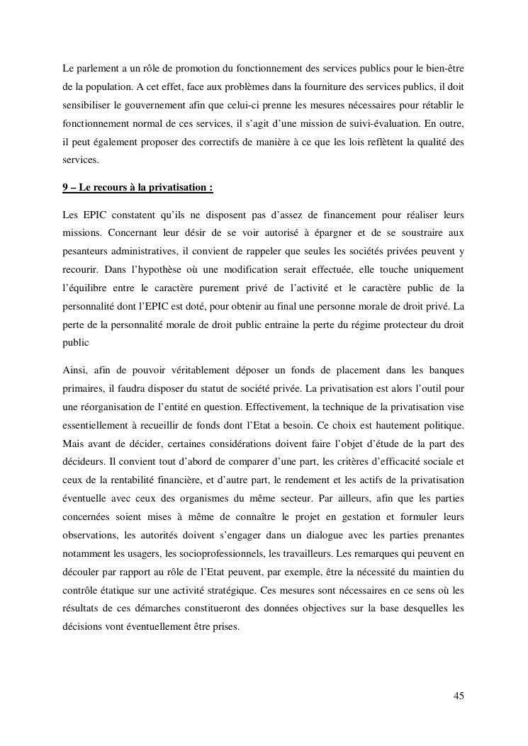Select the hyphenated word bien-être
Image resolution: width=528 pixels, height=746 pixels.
coord(444,69)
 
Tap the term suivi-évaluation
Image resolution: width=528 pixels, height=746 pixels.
coord(395,124)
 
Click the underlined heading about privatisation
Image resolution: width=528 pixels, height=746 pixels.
coord(137,188)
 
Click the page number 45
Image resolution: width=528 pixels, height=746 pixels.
coord(459,695)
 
